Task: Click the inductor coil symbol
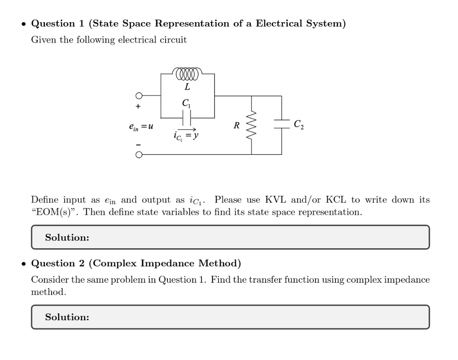coord(187,73)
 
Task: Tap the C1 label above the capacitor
coord(186,104)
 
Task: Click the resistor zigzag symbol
coord(252,125)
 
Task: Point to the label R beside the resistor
coord(236,126)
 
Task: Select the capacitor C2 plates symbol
coord(281,125)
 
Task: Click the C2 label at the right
coord(299,124)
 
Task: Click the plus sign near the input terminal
coord(139,107)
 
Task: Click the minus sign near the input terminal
coord(139,144)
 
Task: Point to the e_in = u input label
coord(141,127)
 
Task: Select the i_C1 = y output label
coord(186,135)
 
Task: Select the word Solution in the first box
coord(67,237)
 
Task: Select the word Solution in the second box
coord(67,317)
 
